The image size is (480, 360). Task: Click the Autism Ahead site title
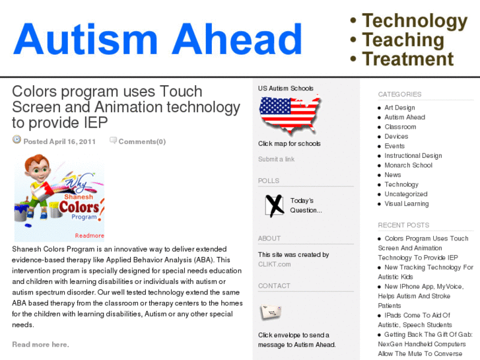tap(157, 40)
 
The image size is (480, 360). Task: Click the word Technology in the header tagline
tap(414, 21)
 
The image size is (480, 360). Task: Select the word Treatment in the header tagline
tap(407, 59)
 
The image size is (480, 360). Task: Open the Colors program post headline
tap(125, 106)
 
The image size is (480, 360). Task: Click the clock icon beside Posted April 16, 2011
tap(17, 140)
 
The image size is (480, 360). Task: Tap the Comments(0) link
tap(141, 141)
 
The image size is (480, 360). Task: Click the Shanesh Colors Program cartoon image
tap(59, 197)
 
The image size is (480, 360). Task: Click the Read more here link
tap(40, 344)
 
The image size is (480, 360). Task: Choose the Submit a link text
tap(276, 159)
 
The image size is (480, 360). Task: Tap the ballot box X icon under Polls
tap(274, 205)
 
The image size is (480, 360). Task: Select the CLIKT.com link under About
tap(274, 264)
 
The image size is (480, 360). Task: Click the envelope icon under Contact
tap(271, 312)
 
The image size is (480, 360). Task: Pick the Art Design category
tap(399, 108)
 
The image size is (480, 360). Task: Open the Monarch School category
tap(408, 165)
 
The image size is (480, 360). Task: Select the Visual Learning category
tap(406, 203)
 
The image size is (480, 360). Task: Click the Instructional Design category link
tap(413, 156)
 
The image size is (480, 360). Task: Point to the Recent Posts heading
tap(403, 225)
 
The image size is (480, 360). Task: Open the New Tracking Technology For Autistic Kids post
tap(427, 272)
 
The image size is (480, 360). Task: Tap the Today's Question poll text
tap(306, 205)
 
